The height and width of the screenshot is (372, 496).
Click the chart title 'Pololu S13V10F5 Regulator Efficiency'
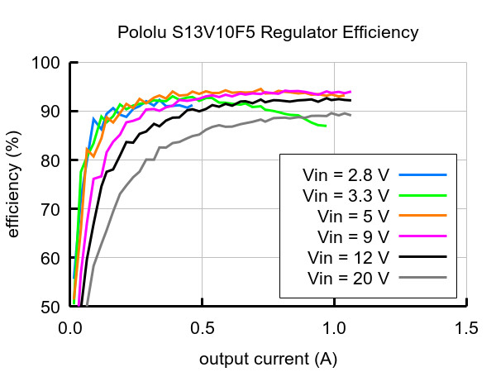[268, 32]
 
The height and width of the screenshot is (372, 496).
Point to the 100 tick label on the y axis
[45, 63]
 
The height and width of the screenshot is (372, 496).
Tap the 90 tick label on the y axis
[50, 112]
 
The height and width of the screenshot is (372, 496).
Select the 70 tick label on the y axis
[50, 209]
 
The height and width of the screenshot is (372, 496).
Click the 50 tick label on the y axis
[50, 307]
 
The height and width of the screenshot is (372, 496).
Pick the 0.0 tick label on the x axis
[70, 328]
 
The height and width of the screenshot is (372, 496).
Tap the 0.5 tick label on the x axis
[203, 328]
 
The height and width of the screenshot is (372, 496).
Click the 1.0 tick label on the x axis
[334, 328]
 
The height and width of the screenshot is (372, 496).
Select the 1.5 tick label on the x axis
[466, 328]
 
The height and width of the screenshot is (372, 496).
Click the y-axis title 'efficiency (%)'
[14, 184]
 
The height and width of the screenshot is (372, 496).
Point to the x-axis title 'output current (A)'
[268, 360]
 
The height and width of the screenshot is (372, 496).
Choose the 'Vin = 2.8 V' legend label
[346, 175]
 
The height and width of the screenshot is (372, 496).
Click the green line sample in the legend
[422, 195]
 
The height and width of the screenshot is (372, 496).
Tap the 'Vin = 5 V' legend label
[353, 217]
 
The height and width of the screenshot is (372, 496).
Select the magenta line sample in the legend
[422, 236]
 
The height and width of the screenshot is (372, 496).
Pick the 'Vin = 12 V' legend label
[348, 257]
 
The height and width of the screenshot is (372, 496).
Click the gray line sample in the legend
[422, 278]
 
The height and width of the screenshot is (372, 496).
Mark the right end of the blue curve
[192, 106]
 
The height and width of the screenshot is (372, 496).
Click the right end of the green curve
[326, 126]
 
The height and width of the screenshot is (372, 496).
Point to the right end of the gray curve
[351, 115]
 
